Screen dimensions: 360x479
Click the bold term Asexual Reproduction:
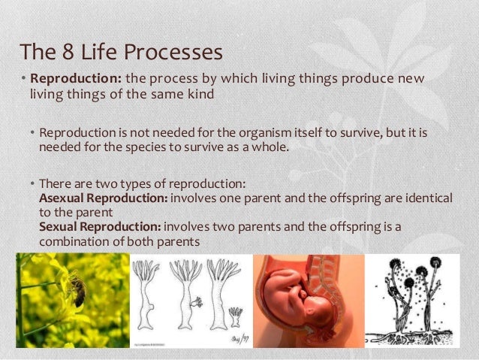coord(104,196)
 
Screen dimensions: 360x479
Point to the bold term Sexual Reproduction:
coord(99,226)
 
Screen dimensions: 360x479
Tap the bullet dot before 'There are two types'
coord(32,182)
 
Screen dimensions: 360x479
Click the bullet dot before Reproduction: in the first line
coord(23,80)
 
